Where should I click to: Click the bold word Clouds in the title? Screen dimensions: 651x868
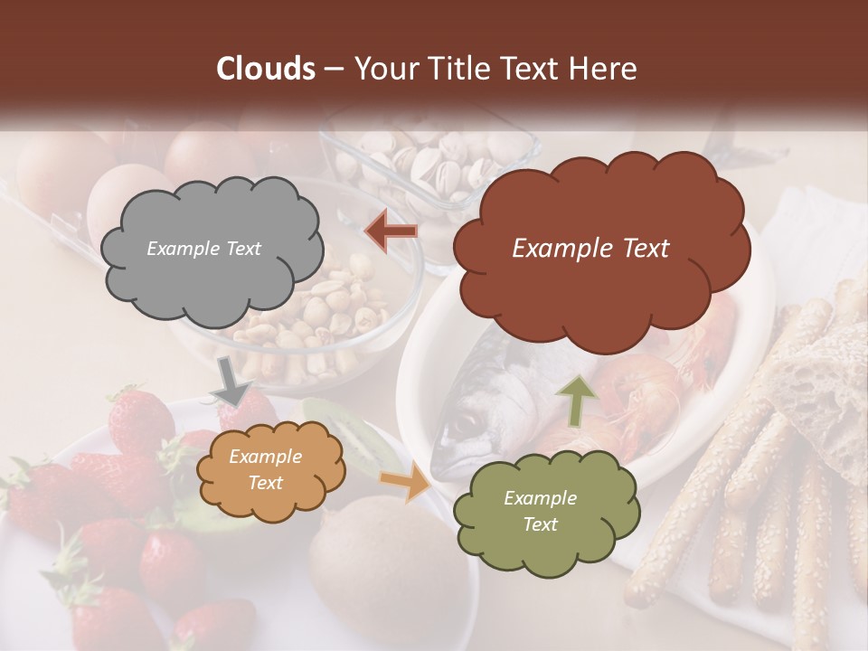pos(266,69)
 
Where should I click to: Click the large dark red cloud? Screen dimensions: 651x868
pos(600,249)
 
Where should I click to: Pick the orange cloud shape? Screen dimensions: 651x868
pos(270,470)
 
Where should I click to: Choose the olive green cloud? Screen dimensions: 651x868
pos(544,512)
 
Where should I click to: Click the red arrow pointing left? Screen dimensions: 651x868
pos(392,231)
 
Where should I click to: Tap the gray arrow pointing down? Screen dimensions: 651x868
pos(231,380)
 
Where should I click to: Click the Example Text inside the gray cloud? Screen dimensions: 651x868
pos(203,249)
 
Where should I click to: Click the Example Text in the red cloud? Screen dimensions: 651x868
pos(590,249)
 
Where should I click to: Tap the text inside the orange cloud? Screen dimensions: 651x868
pos(265,470)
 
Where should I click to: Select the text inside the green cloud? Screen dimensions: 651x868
pos(540,512)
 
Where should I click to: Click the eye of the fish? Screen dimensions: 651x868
pos(462,421)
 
